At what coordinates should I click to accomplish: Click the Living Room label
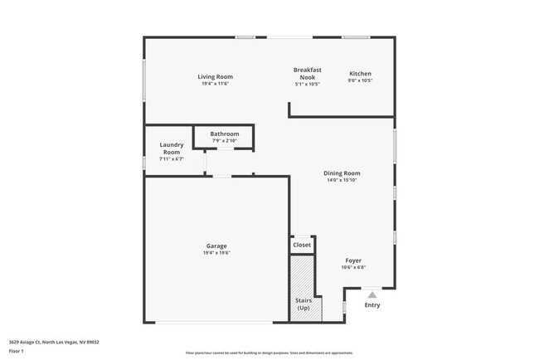pyautogui.click(x=215, y=77)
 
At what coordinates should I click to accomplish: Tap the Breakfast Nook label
pyautogui.click(x=307, y=73)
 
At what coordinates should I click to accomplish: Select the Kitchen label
pyautogui.click(x=360, y=74)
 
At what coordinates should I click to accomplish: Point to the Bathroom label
pyautogui.click(x=224, y=134)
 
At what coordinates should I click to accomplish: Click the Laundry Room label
pyautogui.click(x=172, y=148)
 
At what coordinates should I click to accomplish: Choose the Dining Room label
pyautogui.click(x=342, y=173)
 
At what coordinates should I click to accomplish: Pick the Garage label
pyautogui.click(x=216, y=246)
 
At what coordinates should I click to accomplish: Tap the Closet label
pyautogui.click(x=302, y=245)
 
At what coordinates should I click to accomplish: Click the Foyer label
pyautogui.click(x=353, y=260)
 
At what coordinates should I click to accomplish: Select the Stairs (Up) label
pyautogui.click(x=303, y=303)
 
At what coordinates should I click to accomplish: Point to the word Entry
pyautogui.click(x=373, y=304)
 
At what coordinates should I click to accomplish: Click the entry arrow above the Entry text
pyautogui.click(x=373, y=293)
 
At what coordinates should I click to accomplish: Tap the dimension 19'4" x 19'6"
pyautogui.click(x=216, y=252)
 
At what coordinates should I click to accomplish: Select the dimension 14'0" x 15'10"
pyautogui.click(x=342, y=180)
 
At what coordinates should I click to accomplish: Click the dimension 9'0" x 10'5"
pyautogui.click(x=360, y=80)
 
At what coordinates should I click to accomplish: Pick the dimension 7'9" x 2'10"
pyautogui.click(x=224, y=140)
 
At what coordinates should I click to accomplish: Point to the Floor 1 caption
pyautogui.click(x=17, y=351)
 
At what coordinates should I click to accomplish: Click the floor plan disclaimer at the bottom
pyautogui.click(x=269, y=353)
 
